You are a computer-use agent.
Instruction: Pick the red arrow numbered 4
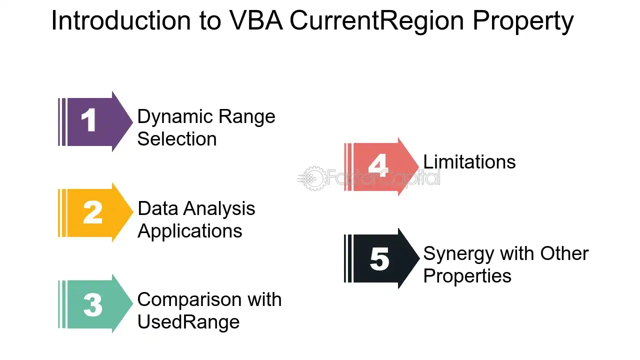(381, 167)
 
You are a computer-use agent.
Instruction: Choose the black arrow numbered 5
(381, 258)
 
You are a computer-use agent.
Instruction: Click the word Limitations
(469, 161)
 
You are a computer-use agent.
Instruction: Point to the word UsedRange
(188, 321)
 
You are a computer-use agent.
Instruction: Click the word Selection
(177, 139)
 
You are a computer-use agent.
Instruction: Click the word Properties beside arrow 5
(467, 277)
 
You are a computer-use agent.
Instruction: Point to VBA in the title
(256, 20)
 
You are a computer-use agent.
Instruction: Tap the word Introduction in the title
(121, 20)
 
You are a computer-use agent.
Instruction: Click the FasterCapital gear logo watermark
(312, 178)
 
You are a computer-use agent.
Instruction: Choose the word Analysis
(219, 209)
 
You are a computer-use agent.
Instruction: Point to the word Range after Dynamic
(247, 117)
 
